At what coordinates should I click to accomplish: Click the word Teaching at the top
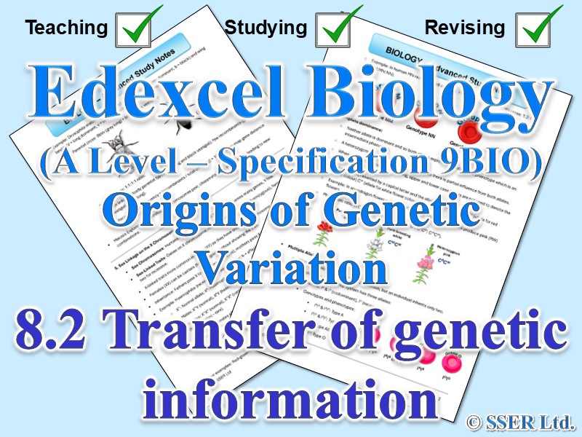pyautogui.click(x=65, y=28)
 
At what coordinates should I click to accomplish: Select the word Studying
pyautogui.click(x=265, y=28)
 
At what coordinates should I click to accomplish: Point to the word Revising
pyautogui.click(x=466, y=28)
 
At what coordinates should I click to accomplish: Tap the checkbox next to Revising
pyautogui.click(x=538, y=28)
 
